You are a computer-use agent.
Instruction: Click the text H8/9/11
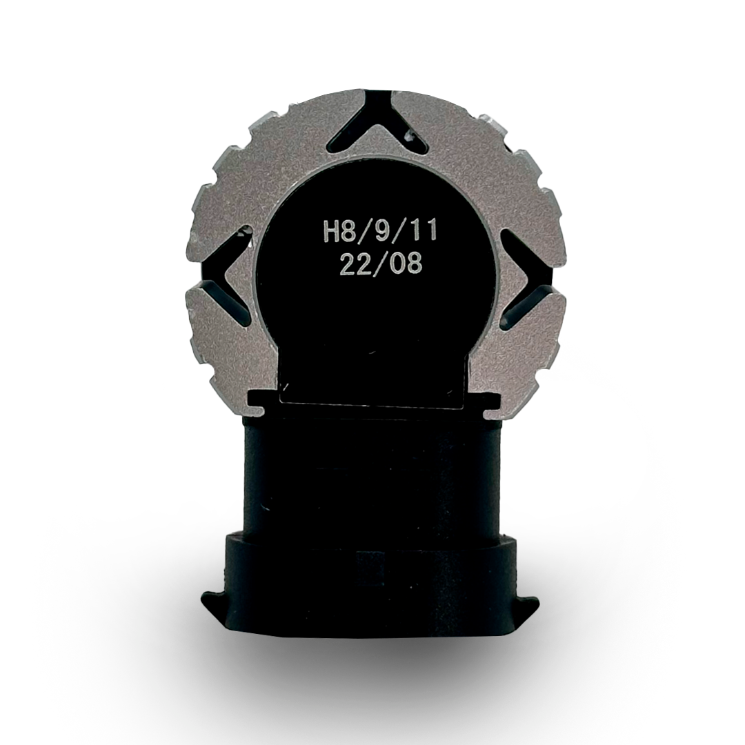[379, 233]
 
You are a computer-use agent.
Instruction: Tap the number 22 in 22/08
[355, 264]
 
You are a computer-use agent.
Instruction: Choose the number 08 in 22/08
[406, 264]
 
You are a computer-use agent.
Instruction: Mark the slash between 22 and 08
[381, 264]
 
